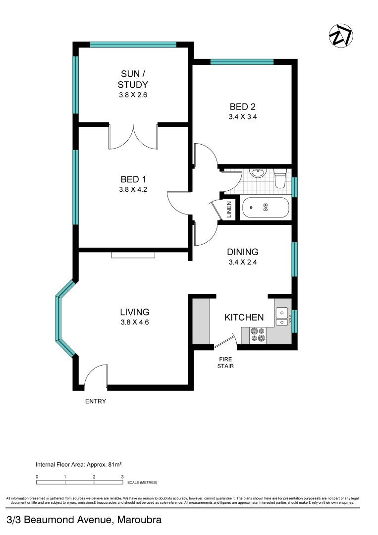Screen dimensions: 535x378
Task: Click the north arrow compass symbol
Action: click(341, 36)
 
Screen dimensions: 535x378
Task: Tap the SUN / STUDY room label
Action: click(133, 79)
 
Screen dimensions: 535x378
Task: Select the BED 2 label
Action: click(243, 107)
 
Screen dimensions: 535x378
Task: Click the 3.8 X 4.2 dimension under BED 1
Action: click(133, 189)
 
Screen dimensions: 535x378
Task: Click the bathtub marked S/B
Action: click(265, 209)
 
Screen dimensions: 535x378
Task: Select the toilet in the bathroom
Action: click(280, 178)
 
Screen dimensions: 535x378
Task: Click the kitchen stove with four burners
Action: click(258, 335)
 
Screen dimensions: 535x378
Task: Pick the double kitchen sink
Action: click(281, 317)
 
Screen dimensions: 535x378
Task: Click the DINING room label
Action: click(243, 252)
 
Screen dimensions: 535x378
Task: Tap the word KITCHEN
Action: click(244, 317)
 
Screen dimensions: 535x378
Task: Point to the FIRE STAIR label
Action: click(225, 363)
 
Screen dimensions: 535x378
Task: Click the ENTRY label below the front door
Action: click(95, 401)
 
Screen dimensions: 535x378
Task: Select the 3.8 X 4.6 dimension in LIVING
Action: click(135, 322)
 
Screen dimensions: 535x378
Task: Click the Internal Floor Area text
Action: click(79, 465)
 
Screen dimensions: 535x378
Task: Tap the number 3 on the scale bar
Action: click(122, 477)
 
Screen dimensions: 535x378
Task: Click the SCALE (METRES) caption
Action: click(142, 482)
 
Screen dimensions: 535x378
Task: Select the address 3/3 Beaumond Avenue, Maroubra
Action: click(84, 520)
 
